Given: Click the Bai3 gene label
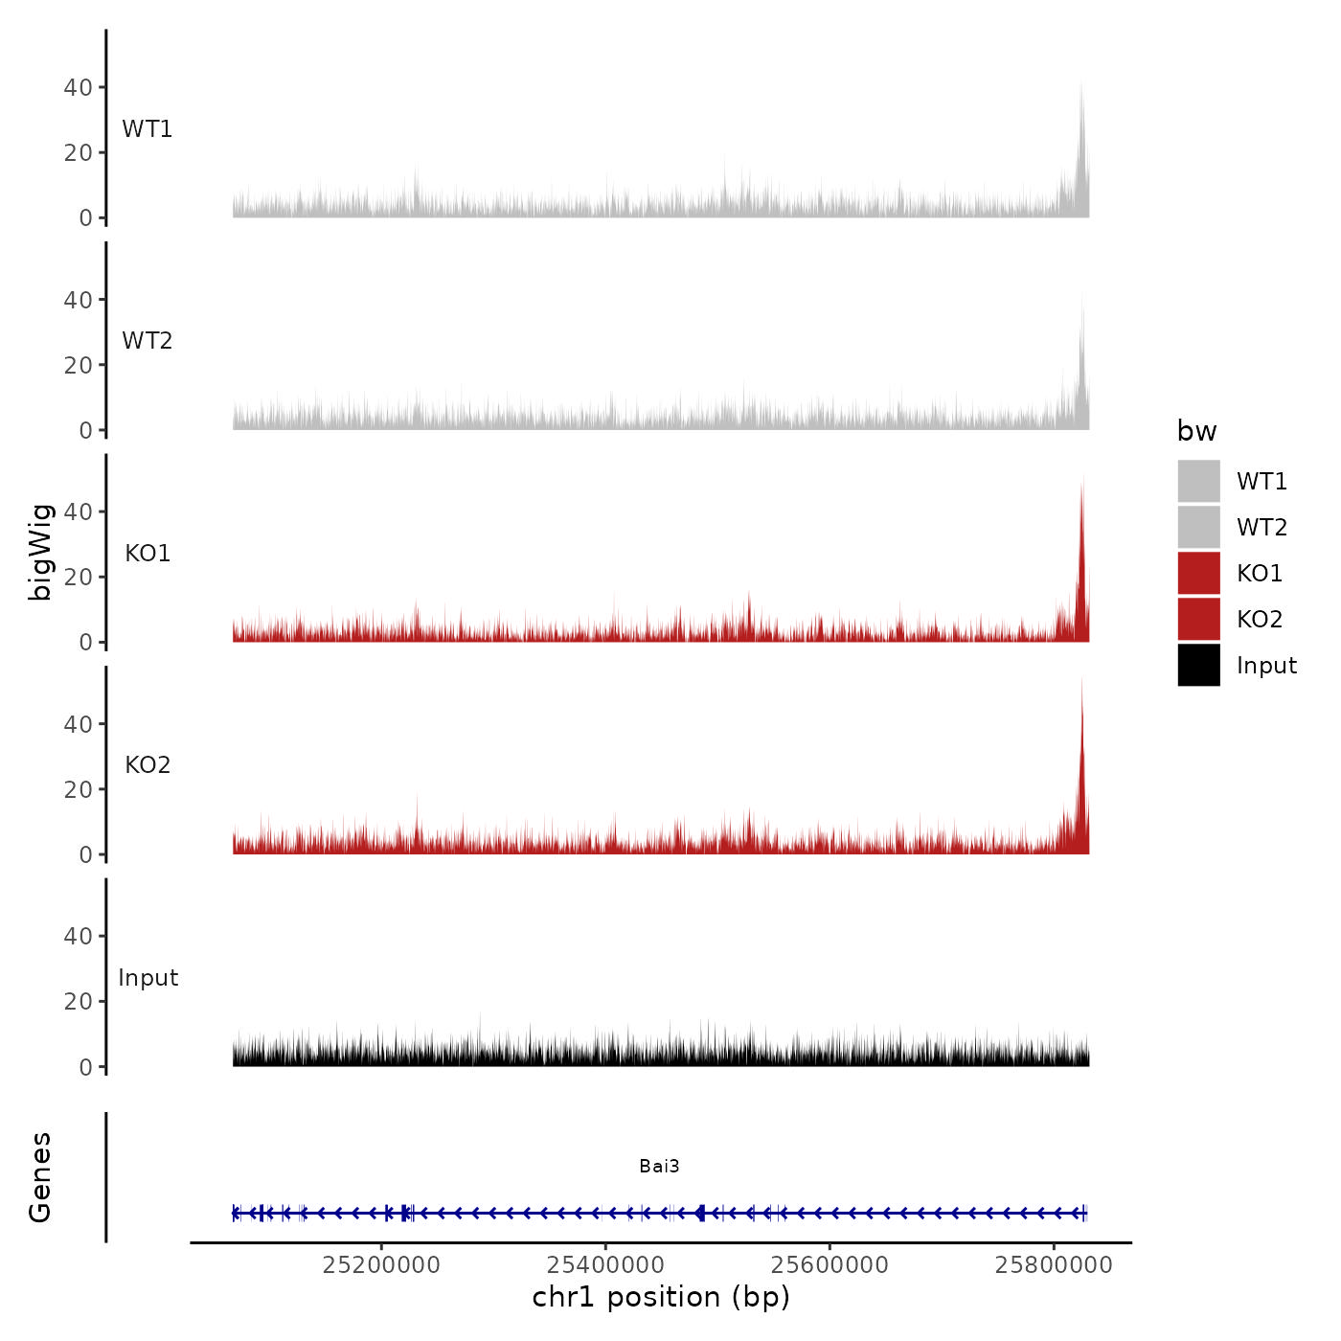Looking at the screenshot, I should coord(659,1166).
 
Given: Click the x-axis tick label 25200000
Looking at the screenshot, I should coord(381,1264).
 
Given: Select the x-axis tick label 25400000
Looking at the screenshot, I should coord(605,1264).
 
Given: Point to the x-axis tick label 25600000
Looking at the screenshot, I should coord(830,1264).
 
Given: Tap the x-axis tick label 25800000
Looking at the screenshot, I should coord(1054,1264).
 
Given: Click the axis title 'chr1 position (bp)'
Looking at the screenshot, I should coord(661,1297).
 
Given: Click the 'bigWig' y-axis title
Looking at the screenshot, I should coord(40,552).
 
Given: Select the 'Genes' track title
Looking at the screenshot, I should coord(40,1177).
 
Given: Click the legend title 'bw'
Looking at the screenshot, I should coord(1196,431).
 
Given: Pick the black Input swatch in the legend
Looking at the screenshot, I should coord(1198,665).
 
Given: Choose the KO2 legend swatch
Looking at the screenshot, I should coord(1198,619).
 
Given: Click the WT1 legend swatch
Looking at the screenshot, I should coord(1198,481).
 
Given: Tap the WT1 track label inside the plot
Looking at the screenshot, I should coord(148,129).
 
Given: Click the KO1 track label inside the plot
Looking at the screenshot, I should coord(148,554).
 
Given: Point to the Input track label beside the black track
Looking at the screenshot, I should coord(148,978).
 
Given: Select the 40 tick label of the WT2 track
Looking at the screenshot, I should coord(78,300).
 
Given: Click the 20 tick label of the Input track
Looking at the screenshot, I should coord(78,1002).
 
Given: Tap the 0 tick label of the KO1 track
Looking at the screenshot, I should coord(85,643).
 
